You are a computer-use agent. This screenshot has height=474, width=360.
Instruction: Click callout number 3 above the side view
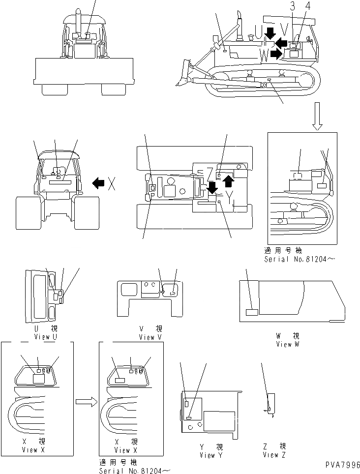coord(293,6)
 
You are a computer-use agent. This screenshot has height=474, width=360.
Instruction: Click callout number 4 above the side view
coord(308,6)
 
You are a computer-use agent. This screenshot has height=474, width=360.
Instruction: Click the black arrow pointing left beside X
coord(98,184)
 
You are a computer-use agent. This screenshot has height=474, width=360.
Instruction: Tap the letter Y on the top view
coord(229,197)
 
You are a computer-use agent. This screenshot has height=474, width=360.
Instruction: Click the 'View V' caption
coord(150,337)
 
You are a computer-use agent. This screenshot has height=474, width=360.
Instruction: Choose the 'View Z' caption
coord(270,455)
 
